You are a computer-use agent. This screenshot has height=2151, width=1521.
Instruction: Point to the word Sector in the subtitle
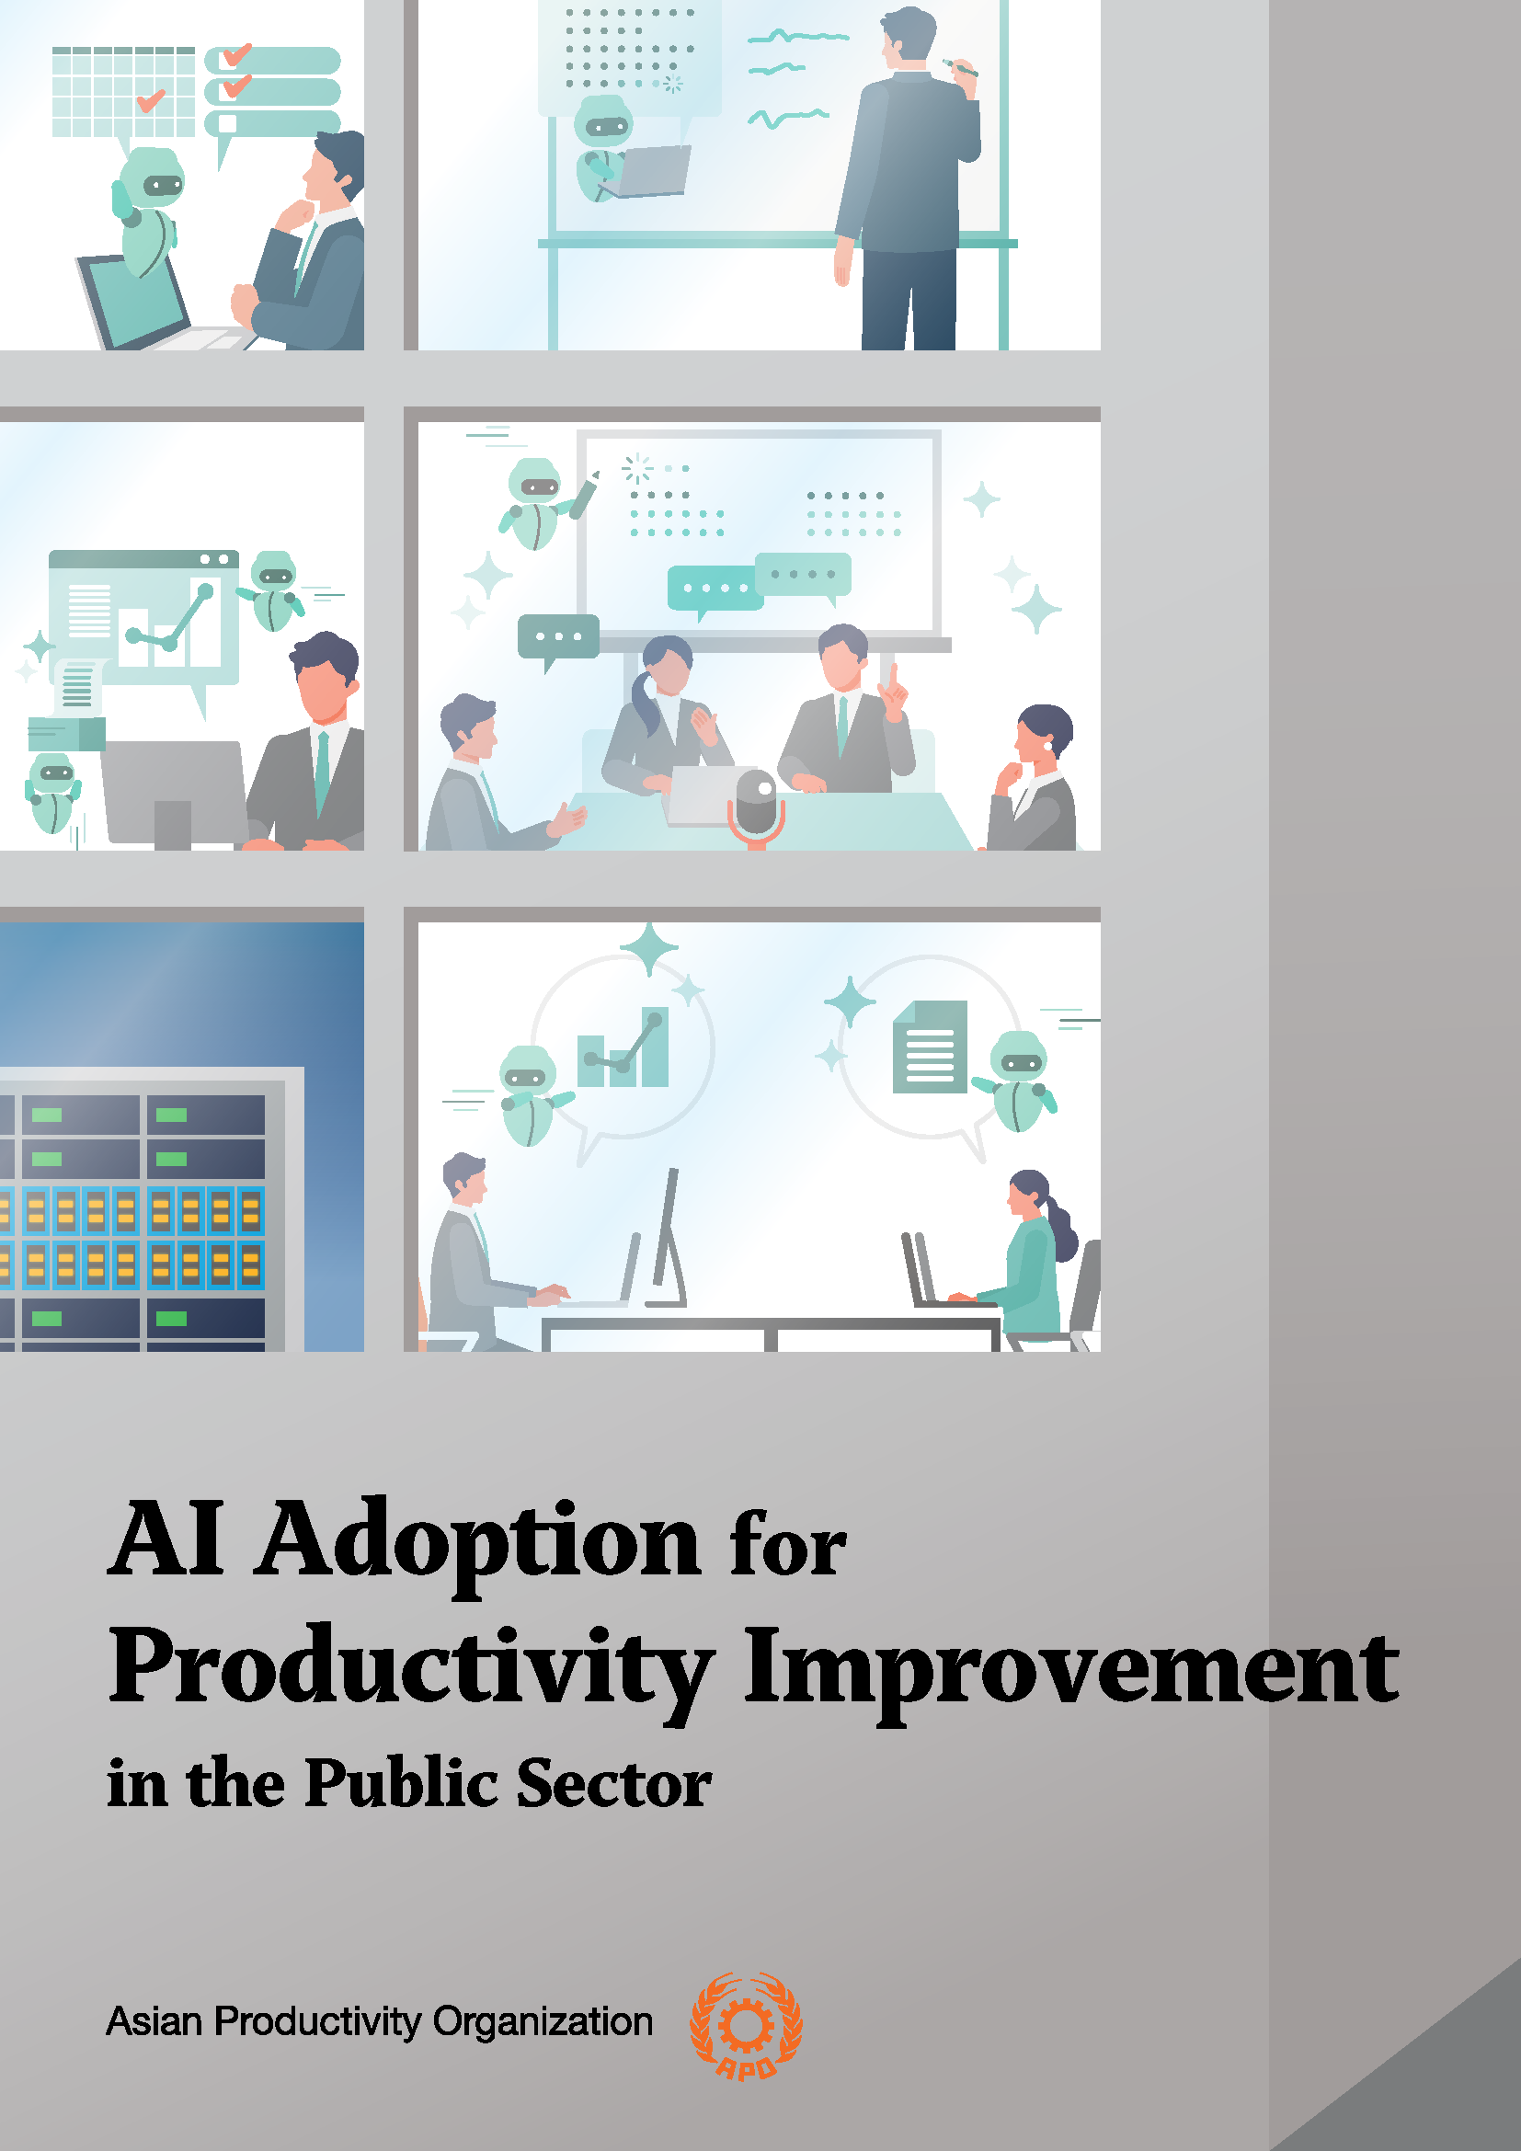coord(613,1783)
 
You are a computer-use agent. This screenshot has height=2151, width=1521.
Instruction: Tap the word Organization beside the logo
coord(543,2021)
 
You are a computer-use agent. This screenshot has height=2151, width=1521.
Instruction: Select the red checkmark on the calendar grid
coord(151,99)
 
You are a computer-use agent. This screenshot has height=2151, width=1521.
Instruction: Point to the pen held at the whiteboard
coord(960,67)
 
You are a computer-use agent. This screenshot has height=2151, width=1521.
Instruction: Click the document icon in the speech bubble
coord(929,1047)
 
